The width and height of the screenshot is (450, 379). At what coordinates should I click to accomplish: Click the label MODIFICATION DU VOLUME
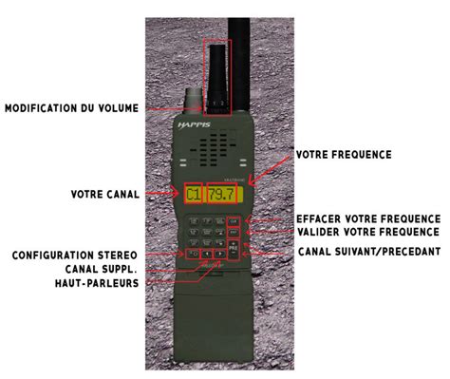tap(72, 108)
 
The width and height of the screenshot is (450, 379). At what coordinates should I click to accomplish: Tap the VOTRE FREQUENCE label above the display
tap(343, 154)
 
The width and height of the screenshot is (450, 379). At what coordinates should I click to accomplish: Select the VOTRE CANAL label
tap(104, 194)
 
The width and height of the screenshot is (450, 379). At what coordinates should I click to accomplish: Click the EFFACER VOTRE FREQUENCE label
tap(366, 218)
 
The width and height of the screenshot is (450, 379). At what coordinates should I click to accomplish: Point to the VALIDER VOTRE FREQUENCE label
tap(367, 231)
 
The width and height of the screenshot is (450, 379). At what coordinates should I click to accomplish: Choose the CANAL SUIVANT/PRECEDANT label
tap(368, 251)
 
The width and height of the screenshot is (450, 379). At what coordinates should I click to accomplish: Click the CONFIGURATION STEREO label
tap(76, 255)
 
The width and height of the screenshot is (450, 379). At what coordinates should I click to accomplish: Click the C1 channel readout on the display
tap(193, 196)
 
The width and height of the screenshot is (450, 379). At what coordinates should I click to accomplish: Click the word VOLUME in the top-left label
tap(118, 108)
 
